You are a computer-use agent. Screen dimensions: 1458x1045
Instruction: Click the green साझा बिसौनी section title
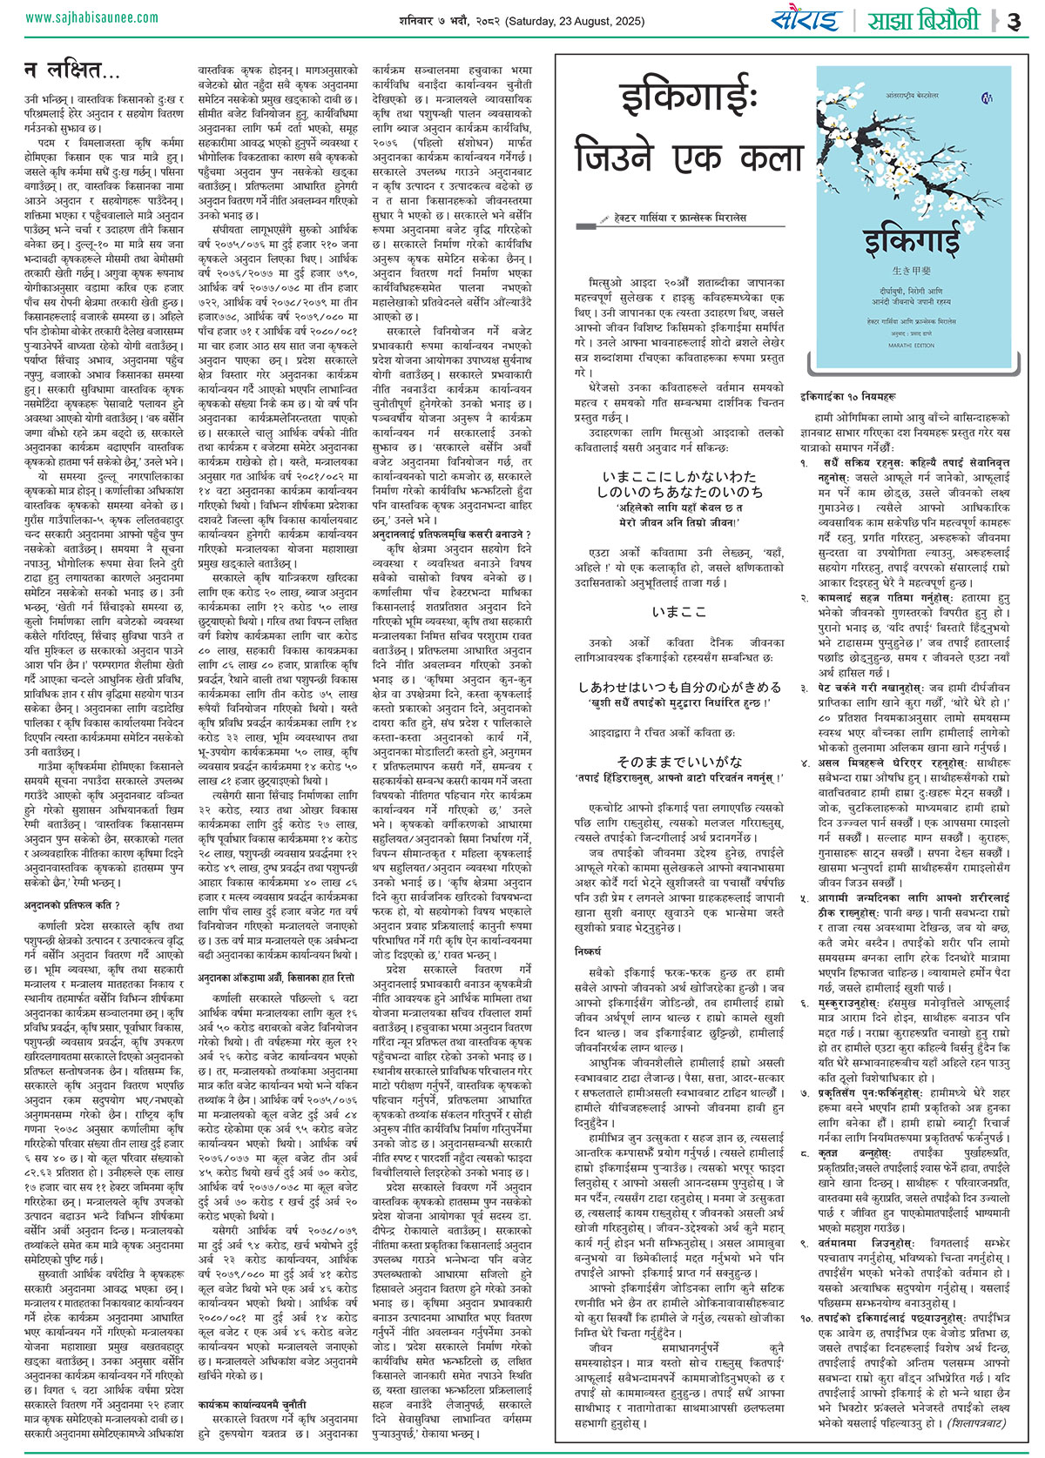point(922,20)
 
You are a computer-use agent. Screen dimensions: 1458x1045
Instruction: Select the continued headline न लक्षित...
point(73,69)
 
